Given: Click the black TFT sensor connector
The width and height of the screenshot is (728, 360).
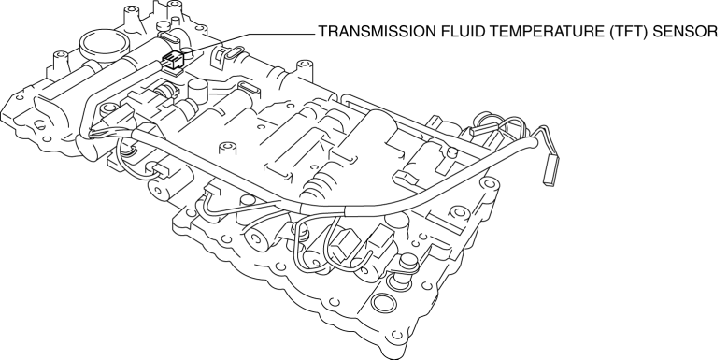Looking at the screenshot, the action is click(171, 61).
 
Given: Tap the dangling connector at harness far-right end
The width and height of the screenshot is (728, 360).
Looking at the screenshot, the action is click(550, 169).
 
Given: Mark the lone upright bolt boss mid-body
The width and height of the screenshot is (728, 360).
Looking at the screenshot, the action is click(226, 148).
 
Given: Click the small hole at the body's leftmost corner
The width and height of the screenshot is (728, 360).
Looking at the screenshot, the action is click(19, 97).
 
